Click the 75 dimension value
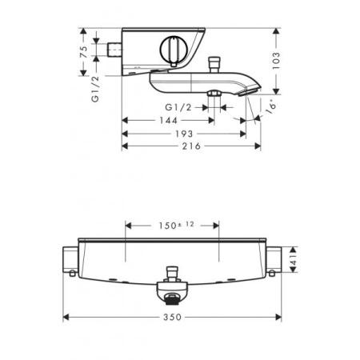(82, 53)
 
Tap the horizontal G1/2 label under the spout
(178, 106)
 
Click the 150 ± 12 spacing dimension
(171, 226)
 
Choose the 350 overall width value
(173, 317)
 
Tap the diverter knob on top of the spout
(214, 62)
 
